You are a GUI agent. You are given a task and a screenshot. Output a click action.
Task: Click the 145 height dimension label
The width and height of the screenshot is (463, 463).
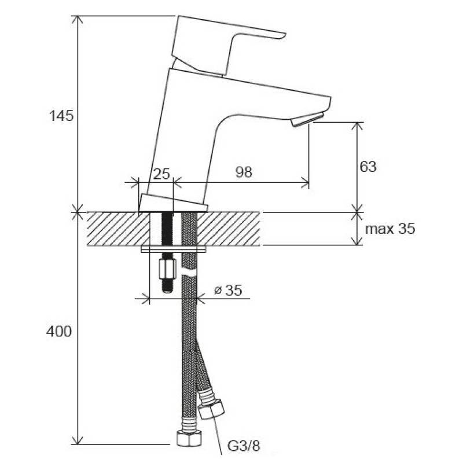click(61, 115)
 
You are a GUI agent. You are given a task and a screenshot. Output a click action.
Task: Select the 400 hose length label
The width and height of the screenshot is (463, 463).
click(59, 331)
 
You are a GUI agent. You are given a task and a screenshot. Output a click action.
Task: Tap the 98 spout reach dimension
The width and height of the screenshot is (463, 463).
click(244, 172)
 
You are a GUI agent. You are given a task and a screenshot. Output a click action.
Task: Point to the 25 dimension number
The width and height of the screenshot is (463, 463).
click(162, 174)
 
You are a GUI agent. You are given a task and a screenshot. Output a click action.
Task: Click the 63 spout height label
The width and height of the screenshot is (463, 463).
click(368, 167)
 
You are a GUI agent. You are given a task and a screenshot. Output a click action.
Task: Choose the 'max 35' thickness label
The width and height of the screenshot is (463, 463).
click(390, 229)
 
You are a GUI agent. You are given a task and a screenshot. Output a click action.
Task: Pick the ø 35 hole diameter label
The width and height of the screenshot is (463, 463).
click(228, 290)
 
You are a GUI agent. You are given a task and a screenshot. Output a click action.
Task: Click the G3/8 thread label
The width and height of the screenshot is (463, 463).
click(244, 446)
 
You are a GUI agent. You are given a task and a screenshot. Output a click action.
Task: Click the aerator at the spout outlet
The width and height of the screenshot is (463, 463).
click(307, 119)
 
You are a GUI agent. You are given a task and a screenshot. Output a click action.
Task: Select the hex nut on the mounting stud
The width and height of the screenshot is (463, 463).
click(167, 269)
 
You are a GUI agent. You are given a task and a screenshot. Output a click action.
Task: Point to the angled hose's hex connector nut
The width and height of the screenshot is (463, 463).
click(211, 409)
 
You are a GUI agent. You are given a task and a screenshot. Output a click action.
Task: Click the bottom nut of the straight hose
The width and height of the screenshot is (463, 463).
click(189, 438)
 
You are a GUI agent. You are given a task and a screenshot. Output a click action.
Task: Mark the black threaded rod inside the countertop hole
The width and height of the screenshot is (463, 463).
click(167, 228)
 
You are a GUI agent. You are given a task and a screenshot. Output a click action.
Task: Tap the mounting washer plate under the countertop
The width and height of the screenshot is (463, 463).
click(174, 249)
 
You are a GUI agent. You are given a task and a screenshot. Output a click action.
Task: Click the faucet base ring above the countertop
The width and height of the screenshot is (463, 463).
click(173, 203)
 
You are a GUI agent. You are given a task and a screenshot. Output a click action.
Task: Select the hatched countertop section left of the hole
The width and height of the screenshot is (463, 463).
click(119, 229)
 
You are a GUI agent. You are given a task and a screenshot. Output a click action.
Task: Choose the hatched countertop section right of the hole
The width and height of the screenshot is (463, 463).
click(228, 229)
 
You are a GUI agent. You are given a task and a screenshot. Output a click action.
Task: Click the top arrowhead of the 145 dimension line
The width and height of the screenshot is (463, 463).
click(78, 20)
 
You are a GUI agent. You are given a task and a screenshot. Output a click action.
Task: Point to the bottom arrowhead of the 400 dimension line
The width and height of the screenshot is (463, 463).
click(78, 440)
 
